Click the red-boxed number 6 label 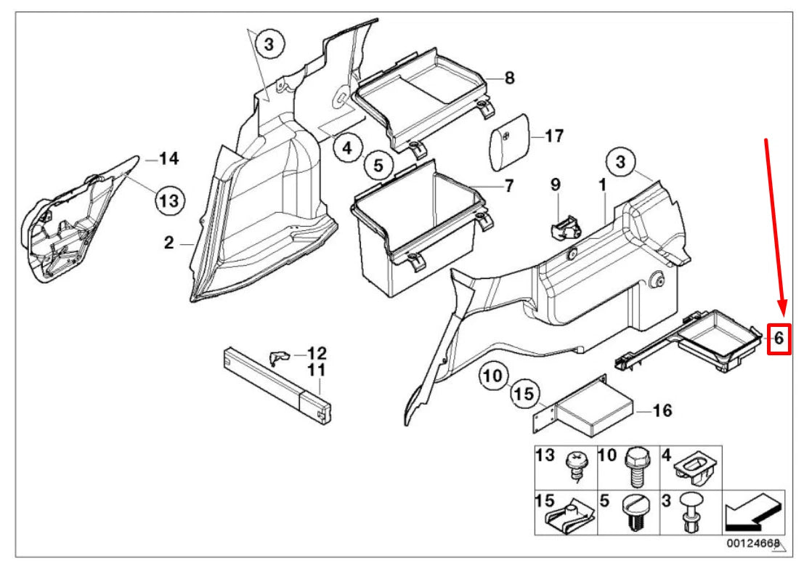(779, 338)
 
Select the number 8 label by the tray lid (509, 78)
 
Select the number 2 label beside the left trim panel (168, 243)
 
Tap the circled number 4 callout (348, 149)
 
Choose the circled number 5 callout (378, 166)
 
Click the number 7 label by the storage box (508, 186)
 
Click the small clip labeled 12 (279, 355)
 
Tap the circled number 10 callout (492, 376)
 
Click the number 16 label (662, 411)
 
